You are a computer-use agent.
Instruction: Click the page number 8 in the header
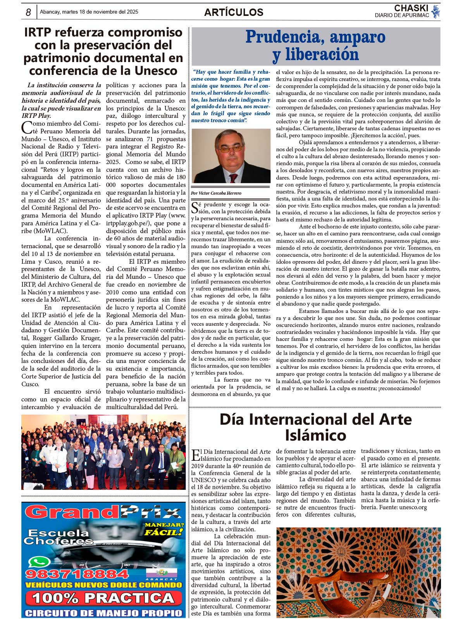click(x=28, y=12)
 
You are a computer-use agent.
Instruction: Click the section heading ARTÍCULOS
click(x=234, y=12)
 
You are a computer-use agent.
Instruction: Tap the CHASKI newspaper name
click(x=411, y=8)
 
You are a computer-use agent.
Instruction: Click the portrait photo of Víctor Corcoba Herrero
click(x=231, y=156)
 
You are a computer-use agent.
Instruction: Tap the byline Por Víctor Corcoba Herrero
click(x=216, y=193)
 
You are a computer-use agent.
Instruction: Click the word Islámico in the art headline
click(x=315, y=435)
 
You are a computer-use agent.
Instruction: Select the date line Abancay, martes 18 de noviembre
click(x=89, y=12)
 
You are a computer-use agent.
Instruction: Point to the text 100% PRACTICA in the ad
click(x=103, y=598)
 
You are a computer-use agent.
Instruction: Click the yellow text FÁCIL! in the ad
click(x=163, y=533)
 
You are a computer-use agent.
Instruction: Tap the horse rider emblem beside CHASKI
click(x=436, y=12)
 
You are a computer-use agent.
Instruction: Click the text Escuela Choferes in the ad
click(x=58, y=537)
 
